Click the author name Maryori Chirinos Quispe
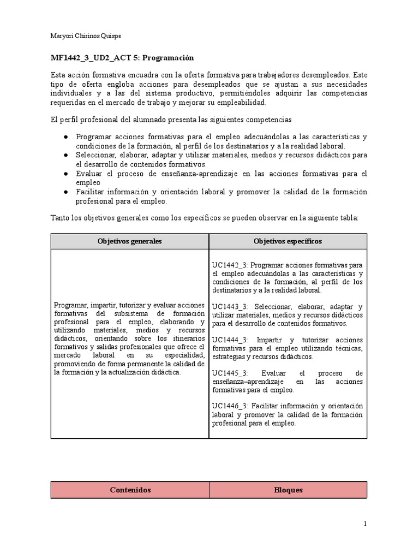click(x=86, y=36)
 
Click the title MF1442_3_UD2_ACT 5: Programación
click(x=122, y=58)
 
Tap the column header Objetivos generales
click(x=129, y=241)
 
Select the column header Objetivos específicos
click(x=288, y=241)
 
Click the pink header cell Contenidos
click(x=130, y=490)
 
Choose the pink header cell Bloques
click(x=288, y=490)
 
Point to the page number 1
click(x=365, y=524)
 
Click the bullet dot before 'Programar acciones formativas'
click(x=65, y=136)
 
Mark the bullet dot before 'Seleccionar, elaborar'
click(x=65, y=155)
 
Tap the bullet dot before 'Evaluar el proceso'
click(x=65, y=174)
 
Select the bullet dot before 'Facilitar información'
click(x=65, y=192)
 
